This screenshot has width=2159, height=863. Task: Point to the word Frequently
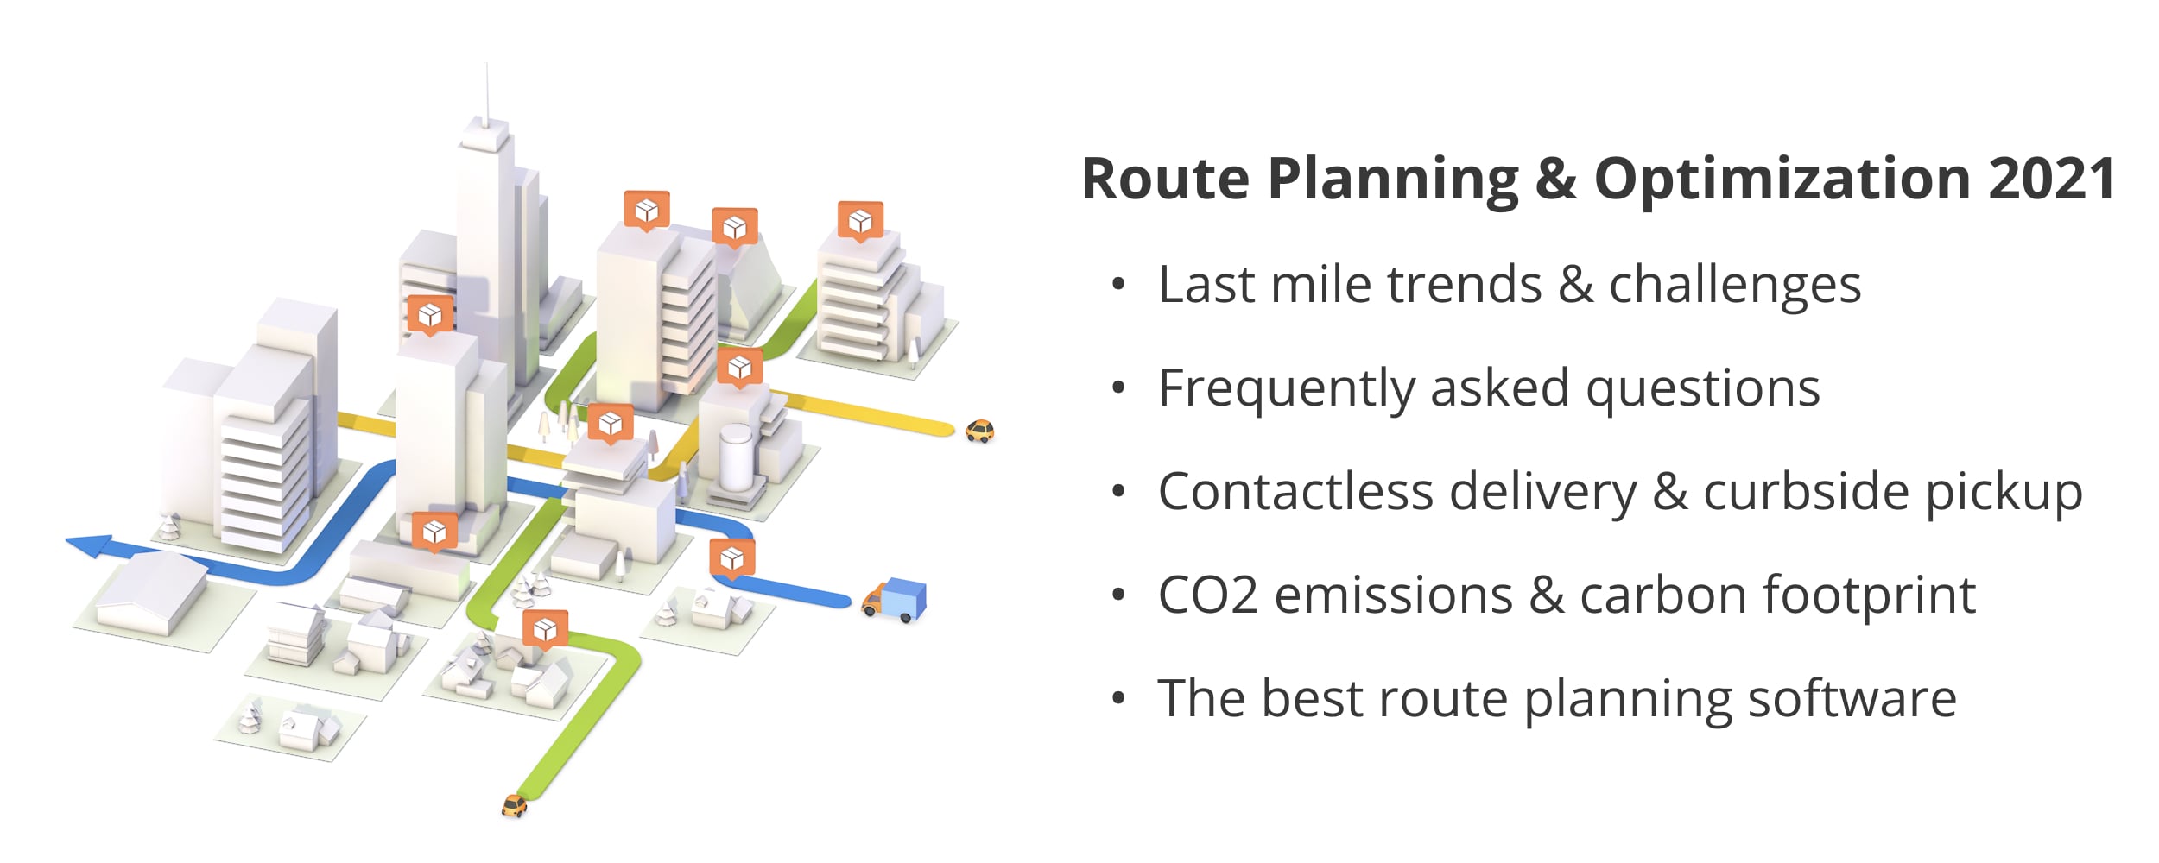1286,388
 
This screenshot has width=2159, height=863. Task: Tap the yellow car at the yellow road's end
979,430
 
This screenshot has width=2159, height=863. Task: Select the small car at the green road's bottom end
514,805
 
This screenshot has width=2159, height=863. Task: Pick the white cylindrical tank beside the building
736,456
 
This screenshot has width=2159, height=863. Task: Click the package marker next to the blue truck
732,558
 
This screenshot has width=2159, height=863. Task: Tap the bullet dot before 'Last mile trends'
1119,285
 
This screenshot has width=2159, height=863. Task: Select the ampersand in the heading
1556,179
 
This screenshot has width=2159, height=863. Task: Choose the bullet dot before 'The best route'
1119,699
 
